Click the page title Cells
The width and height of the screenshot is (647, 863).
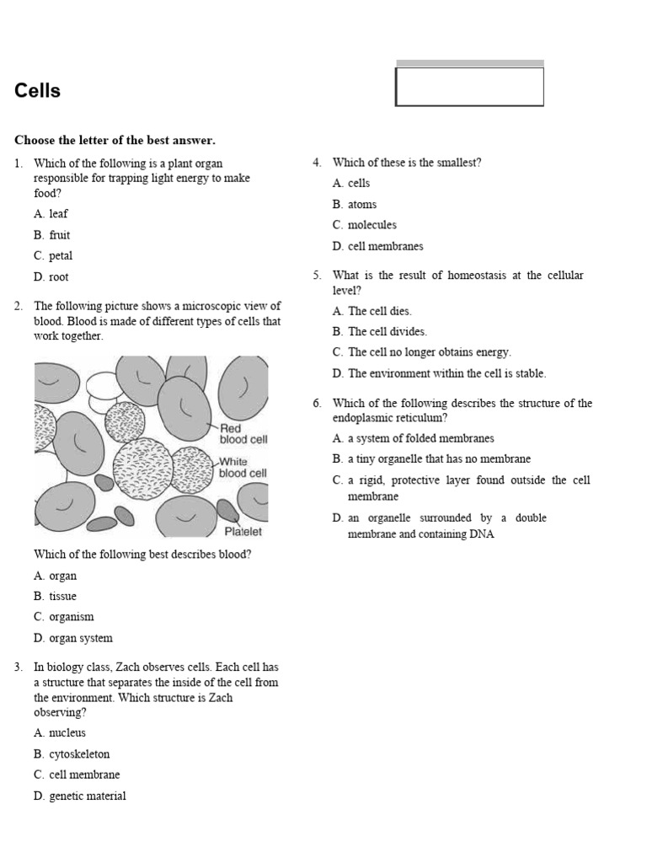pos(38,91)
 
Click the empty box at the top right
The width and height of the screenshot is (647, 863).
pos(469,87)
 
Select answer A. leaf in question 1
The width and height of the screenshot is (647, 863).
pos(51,214)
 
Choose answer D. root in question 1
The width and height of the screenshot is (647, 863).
pos(51,277)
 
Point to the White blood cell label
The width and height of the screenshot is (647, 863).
pos(243,468)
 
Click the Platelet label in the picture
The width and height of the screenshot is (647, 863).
pos(243,532)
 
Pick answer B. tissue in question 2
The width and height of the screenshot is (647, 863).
pos(56,597)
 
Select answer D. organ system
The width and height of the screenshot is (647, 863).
pos(73,638)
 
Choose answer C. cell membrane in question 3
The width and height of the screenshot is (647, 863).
pos(77,775)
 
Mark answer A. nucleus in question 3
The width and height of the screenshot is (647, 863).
pos(60,733)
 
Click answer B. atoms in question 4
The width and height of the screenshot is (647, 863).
pos(355,204)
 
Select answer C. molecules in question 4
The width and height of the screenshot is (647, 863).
pos(364,225)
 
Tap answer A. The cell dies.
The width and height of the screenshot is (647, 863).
pos(372,311)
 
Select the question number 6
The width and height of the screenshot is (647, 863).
pos(318,404)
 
